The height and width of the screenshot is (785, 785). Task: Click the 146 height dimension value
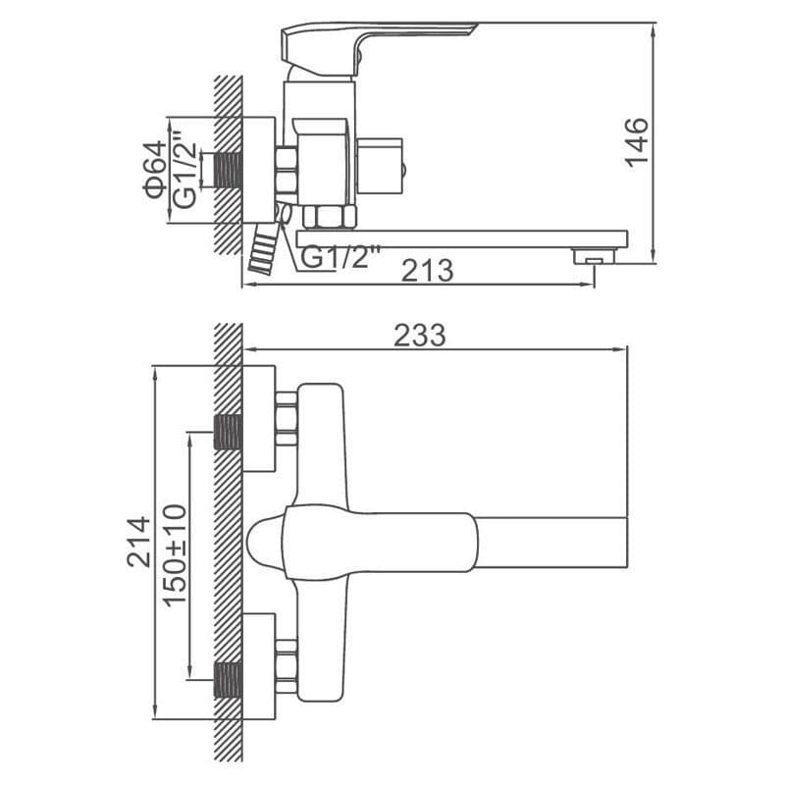[x=637, y=142]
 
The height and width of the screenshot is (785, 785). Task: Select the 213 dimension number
[x=428, y=271]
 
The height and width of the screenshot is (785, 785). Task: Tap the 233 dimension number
[x=420, y=335]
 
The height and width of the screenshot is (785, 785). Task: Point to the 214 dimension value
[x=138, y=543]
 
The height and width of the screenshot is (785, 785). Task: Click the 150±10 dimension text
[x=176, y=555]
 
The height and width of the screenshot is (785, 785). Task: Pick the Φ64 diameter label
[x=155, y=170]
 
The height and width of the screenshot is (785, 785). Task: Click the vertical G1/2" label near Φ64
[x=184, y=170]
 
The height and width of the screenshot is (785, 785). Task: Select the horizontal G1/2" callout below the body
[x=340, y=257]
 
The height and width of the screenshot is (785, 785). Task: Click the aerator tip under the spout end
[x=595, y=256]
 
